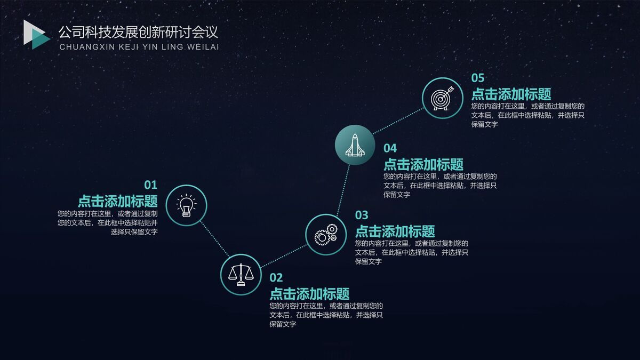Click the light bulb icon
[x=186, y=205]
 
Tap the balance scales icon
[x=241, y=274]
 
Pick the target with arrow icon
[x=442, y=98]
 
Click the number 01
[x=151, y=185]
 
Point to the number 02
[x=276, y=277]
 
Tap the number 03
[x=362, y=215]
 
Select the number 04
[x=390, y=148]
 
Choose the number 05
[x=478, y=78]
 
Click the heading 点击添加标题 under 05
[x=511, y=94]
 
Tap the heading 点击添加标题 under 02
[x=309, y=293]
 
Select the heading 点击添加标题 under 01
[x=118, y=201]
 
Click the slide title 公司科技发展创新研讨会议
[x=138, y=32]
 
